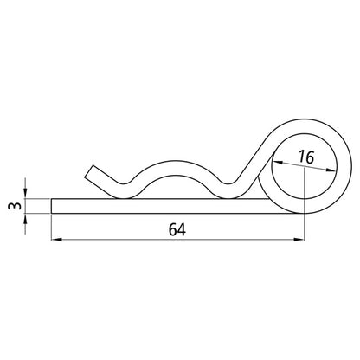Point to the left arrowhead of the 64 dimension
click(56, 239)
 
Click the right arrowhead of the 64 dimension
click(304, 239)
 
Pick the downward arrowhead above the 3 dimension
click(26, 193)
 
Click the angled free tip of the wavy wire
click(90, 170)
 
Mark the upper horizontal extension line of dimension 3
click(36, 199)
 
